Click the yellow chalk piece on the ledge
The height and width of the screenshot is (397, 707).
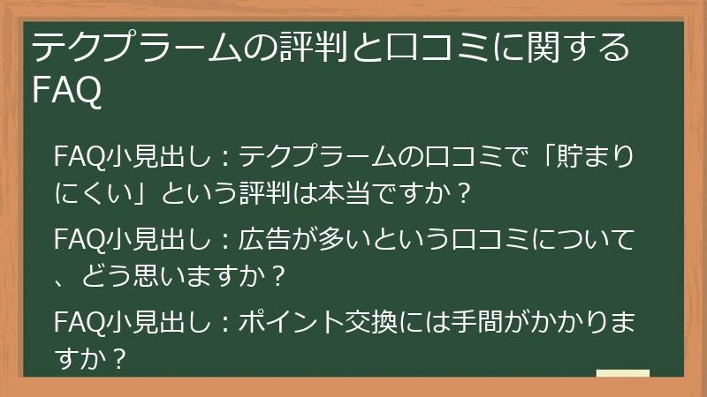point(622,374)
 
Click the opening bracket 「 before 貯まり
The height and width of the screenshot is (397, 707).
point(555,156)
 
